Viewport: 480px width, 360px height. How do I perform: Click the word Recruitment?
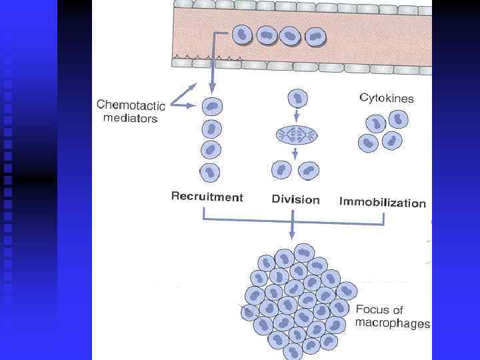(207, 197)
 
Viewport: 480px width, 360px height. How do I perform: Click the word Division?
(295, 199)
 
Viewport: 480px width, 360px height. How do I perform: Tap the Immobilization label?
(382, 202)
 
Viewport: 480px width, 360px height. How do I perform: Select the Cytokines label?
(387, 99)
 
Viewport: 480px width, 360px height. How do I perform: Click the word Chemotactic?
(131, 105)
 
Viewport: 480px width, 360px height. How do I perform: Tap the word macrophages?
(393, 324)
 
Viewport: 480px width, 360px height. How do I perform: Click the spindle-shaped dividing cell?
(295, 136)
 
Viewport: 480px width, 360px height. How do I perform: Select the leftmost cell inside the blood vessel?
(243, 35)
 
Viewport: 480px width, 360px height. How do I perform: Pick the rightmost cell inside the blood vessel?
(314, 37)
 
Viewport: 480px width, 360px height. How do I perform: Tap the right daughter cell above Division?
(308, 170)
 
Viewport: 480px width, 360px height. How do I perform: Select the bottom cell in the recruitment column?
(211, 172)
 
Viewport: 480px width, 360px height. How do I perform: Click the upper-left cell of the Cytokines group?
(377, 123)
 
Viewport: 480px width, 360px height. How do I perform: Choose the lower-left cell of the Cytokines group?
(368, 143)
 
